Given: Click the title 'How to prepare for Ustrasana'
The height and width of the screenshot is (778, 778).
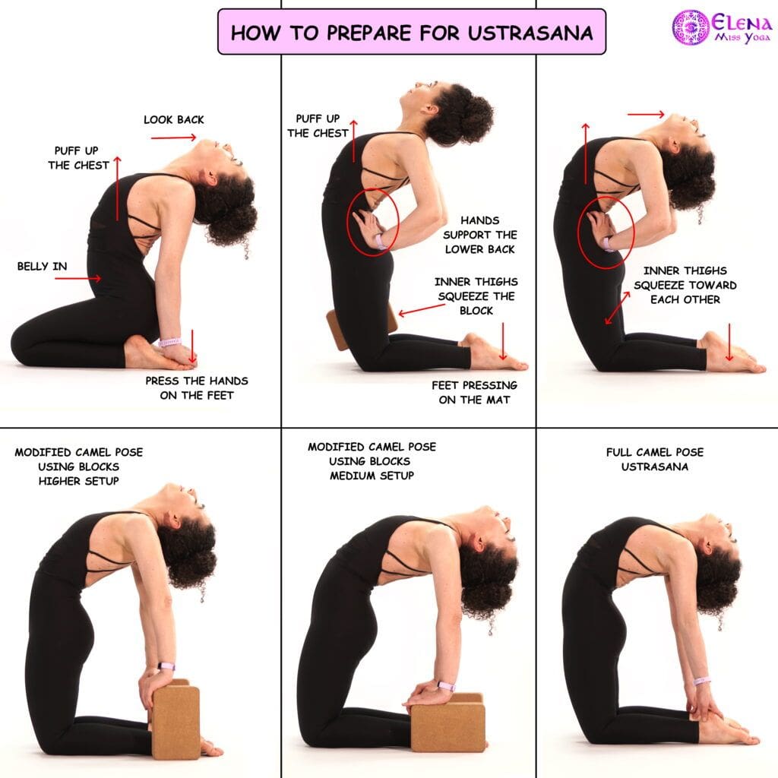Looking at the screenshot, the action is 411,33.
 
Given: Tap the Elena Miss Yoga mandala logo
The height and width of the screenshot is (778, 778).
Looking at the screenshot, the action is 690,28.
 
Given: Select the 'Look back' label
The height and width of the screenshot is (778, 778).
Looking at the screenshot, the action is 174,119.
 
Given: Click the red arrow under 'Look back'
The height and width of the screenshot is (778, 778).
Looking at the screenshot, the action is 174,138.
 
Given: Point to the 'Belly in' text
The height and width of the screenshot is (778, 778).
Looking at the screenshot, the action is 43,267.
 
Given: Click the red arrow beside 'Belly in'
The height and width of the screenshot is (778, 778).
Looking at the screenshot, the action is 78,278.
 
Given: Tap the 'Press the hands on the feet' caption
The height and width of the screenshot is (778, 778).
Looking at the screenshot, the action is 197,388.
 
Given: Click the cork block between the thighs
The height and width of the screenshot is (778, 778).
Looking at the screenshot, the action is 361,327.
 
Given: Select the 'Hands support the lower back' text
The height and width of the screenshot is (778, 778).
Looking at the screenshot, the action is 480,235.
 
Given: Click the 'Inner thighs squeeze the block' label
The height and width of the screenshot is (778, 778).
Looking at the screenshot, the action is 476,296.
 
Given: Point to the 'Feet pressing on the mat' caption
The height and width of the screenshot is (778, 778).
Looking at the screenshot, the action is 474,393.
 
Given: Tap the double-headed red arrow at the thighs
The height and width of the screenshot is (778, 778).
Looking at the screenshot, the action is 617,308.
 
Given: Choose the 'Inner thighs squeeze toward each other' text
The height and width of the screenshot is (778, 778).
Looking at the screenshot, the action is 685,286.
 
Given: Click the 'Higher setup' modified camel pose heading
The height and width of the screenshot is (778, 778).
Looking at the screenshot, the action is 79,466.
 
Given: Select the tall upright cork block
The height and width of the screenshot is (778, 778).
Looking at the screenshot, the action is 176,719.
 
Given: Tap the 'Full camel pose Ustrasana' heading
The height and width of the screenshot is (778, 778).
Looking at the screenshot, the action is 655,460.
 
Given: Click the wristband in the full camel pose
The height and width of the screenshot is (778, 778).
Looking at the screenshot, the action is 701,681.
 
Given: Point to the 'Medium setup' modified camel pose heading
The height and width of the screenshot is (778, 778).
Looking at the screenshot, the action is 372,461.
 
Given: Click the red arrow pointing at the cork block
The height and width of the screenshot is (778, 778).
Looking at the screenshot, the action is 422,310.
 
